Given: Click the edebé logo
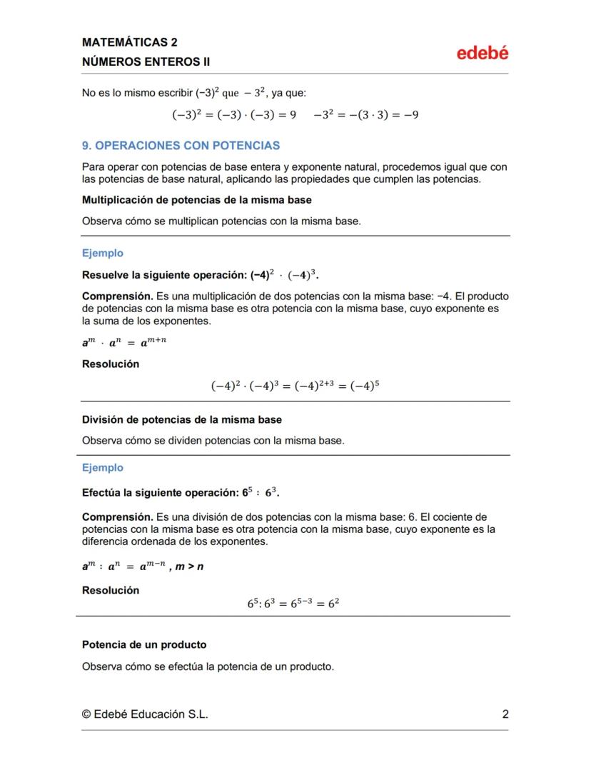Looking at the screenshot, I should pyautogui.click(x=483, y=53).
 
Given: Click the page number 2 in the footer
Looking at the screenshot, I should pyautogui.click(x=505, y=714).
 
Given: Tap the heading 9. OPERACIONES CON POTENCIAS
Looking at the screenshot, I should pyautogui.click(x=181, y=146).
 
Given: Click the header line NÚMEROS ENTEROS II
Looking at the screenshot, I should pyautogui.click(x=146, y=62).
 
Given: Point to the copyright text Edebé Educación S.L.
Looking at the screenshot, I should pyautogui.click(x=146, y=714).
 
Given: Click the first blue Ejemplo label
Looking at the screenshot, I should pyautogui.click(x=103, y=253).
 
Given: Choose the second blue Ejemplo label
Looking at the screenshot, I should pyautogui.click(x=103, y=468).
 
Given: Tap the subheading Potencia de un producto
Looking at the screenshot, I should pyautogui.click(x=144, y=644).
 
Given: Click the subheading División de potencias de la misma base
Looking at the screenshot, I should pyautogui.click(x=182, y=419).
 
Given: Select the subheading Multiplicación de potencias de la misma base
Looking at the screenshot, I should pyautogui.click(x=196, y=200).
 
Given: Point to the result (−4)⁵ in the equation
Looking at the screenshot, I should pyautogui.click(x=365, y=386).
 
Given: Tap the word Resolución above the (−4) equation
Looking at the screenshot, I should pyautogui.click(x=111, y=364).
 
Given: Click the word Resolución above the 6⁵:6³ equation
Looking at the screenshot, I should pyautogui.click(x=111, y=590).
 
